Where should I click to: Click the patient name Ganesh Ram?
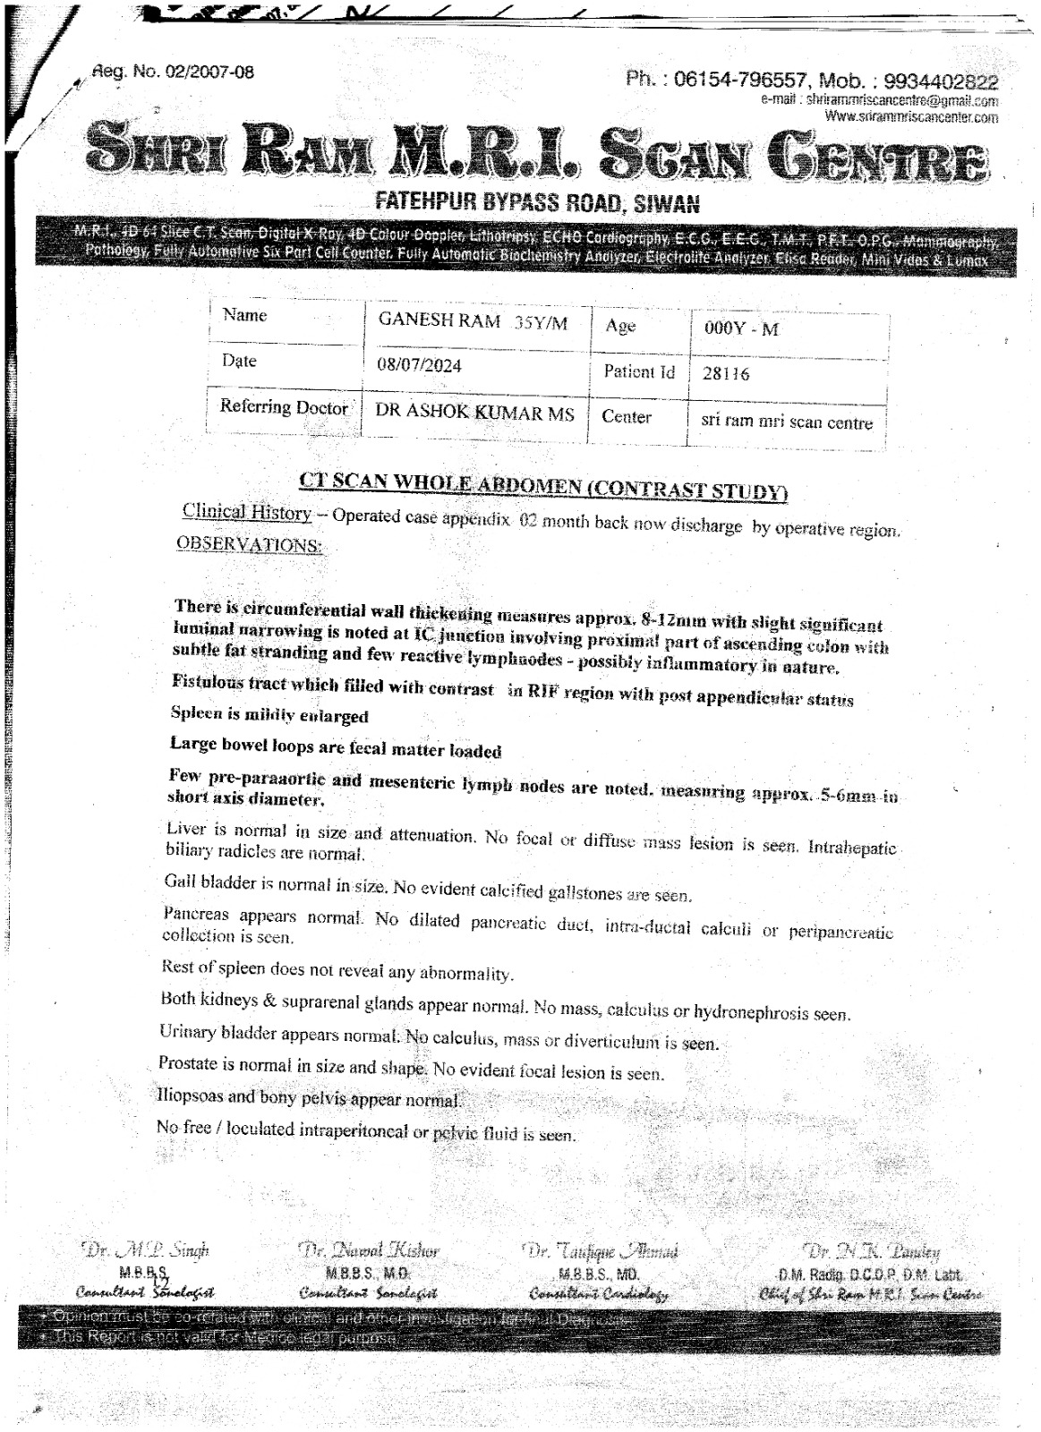(439, 321)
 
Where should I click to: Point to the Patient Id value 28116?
(726, 374)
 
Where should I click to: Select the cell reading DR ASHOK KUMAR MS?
(474, 412)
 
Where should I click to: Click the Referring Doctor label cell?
(284, 407)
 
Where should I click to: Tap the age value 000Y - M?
(741, 328)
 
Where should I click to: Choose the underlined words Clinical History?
(247, 512)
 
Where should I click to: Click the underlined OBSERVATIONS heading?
(250, 544)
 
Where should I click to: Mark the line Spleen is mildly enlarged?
(269, 715)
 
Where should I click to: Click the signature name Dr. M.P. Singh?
(146, 1251)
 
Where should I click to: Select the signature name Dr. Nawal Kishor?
(368, 1251)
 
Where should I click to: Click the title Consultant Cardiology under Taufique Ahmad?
(599, 1293)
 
